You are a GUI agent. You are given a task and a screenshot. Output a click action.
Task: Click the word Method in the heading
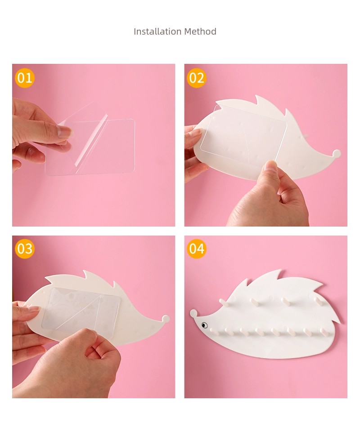200,31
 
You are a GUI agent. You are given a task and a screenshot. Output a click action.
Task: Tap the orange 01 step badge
25,78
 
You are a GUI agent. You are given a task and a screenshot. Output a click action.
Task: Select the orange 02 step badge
197,78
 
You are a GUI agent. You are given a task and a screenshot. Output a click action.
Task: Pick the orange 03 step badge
25,249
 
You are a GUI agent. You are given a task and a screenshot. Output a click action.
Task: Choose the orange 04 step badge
197,249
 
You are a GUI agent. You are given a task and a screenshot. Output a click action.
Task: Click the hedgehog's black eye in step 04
204,325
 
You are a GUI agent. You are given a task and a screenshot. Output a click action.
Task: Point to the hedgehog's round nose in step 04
193,313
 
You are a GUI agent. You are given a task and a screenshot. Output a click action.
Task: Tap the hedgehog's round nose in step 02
337,153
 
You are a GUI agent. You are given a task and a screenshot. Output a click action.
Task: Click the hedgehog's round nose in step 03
165,319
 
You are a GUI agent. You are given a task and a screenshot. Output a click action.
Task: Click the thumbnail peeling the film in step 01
64,132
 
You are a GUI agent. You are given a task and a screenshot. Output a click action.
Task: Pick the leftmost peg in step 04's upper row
224,303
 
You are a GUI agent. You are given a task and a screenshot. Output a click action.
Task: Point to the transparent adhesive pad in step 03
81,309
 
